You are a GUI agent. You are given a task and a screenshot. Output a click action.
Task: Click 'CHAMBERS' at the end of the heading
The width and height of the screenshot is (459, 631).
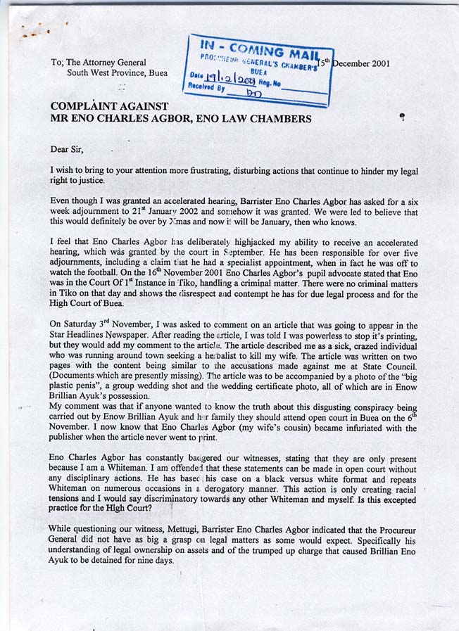(x=275, y=119)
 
